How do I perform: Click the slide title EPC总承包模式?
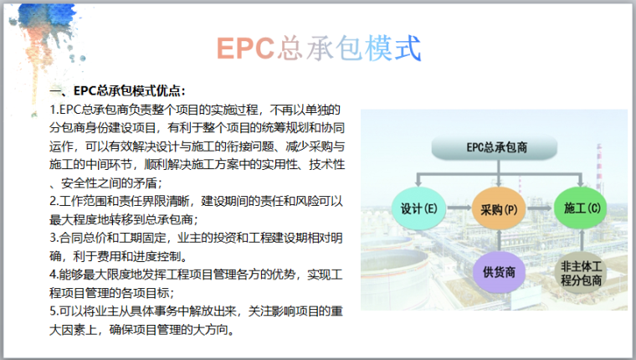pos(317,48)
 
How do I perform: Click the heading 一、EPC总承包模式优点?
pos(117,91)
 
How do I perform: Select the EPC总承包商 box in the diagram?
pos(499,149)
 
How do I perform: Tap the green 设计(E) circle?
pos(420,208)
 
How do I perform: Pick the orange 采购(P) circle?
pos(499,208)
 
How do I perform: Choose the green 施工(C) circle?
pos(579,208)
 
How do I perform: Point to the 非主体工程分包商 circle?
pos(579,270)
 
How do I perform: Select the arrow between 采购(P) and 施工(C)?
pos(539,208)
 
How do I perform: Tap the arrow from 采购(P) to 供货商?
pos(499,239)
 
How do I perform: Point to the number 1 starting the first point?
pos(54,111)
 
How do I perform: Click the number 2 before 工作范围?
pos(54,202)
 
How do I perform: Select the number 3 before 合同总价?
pos(54,239)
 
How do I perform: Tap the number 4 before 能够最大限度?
pos(54,275)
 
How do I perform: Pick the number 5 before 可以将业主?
pos(54,311)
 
